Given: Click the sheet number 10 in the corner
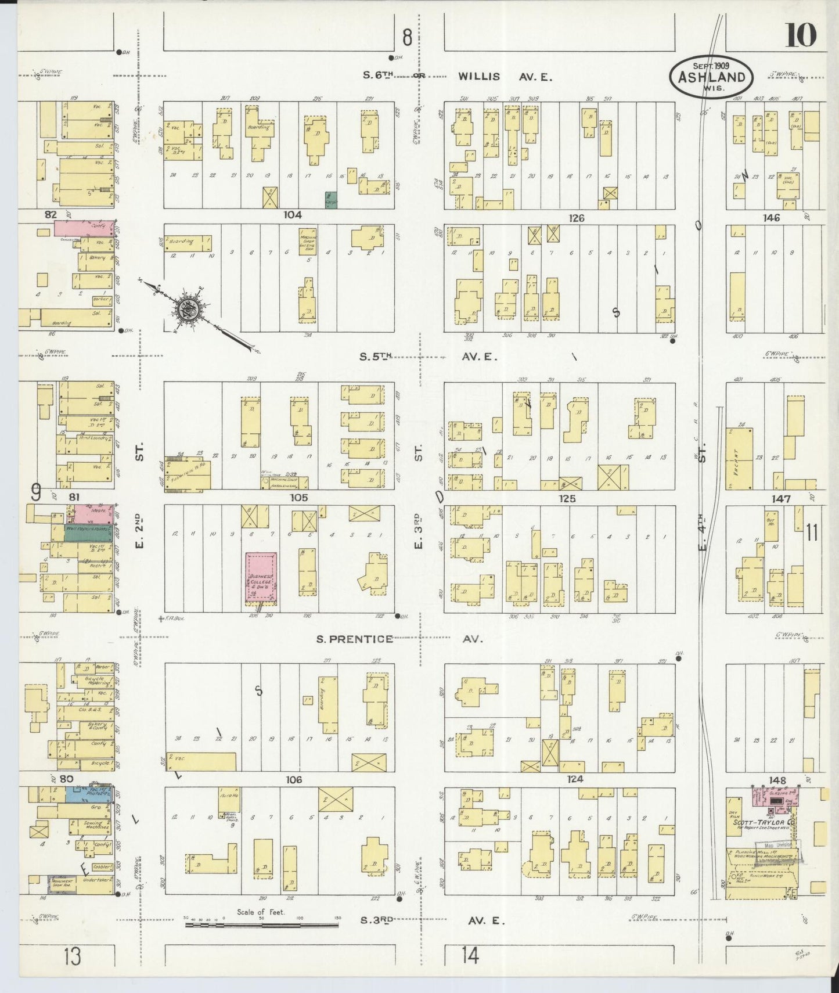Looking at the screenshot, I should coord(801,36).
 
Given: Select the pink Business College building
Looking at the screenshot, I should coord(261,578).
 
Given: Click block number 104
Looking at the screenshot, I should coord(292,215).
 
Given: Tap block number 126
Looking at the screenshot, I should coord(576,218).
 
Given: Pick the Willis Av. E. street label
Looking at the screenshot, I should coord(504,76).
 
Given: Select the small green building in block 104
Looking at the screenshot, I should coord(331,200).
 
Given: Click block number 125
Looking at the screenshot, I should coord(567,498).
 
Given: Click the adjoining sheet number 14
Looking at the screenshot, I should coord(470,955).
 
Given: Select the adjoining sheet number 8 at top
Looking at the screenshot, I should coord(407,38).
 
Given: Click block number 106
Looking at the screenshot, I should coord(294,780).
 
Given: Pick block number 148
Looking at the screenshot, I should coord(776,780).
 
